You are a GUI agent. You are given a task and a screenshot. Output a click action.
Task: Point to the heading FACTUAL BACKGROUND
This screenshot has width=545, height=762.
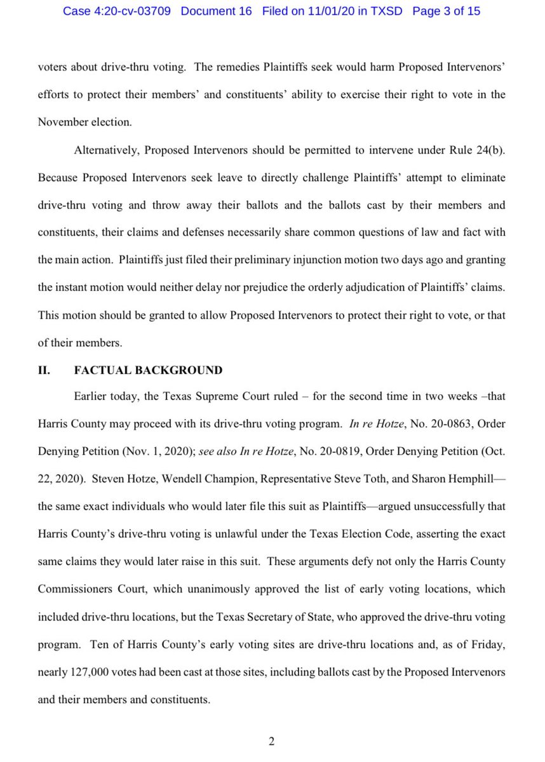[148, 370]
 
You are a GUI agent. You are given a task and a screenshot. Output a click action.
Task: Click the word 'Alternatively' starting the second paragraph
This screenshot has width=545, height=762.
[105, 150]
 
